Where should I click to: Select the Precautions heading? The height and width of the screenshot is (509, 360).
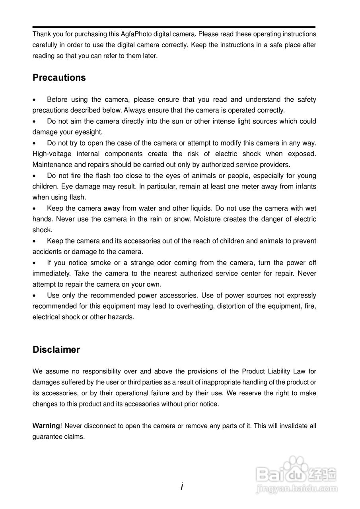pyautogui.click(x=59, y=78)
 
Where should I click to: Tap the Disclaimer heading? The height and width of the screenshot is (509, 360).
pyautogui.click(x=56, y=350)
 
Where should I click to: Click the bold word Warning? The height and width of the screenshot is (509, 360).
pyautogui.click(x=46, y=426)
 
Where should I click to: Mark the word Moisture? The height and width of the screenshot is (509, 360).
pyautogui.click(x=208, y=219)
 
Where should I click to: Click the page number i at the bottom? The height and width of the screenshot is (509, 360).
pyautogui.click(x=181, y=486)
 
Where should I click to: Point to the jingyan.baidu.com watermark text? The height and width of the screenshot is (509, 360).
pyautogui.click(x=297, y=489)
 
